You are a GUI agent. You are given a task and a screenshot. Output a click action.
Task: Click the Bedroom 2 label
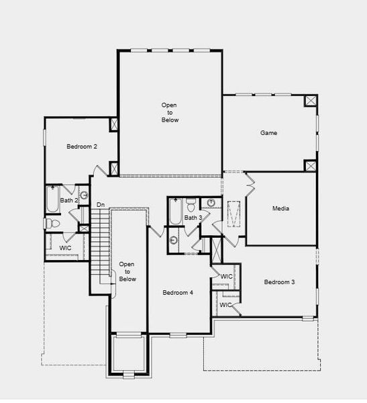tap(82, 146)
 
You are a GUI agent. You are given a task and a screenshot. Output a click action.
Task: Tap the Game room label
tap(268, 133)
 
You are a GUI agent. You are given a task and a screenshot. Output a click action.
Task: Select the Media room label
tap(280, 208)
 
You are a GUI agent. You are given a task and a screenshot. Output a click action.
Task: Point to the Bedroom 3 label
tap(278, 282)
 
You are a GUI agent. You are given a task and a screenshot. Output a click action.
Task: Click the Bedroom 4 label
tap(178, 293)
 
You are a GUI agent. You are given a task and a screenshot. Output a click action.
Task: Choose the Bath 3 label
tap(193, 218)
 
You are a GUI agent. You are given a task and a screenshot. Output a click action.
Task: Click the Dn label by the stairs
tap(101, 204)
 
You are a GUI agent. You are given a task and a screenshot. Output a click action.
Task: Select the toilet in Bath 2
tap(52, 223)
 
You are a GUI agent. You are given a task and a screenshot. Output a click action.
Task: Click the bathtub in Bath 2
tap(53, 199)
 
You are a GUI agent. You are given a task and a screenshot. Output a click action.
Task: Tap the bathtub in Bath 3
tap(174, 212)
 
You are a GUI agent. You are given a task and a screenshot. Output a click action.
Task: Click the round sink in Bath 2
tap(84, 196)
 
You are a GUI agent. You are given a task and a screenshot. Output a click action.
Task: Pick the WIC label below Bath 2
tap(65, 248)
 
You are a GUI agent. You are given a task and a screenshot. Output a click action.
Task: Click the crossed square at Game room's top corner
tap(311, 101)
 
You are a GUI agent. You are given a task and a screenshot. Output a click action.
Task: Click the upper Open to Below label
tap(170, 112)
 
